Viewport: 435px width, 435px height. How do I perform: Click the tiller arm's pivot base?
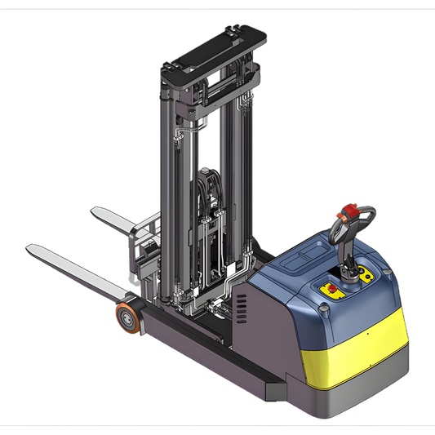pos(353,277)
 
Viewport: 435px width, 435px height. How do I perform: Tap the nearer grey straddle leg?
pos(204,359)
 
